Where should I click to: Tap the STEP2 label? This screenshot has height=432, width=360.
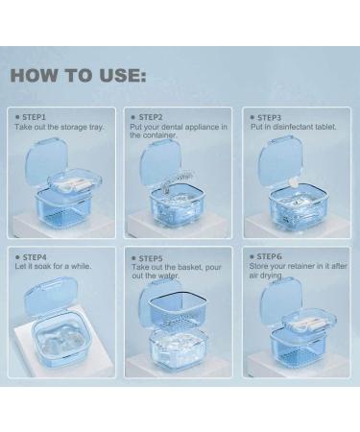[150, 116]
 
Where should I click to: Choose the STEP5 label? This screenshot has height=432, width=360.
[151, 257]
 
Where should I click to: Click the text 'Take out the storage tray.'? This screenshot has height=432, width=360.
[59, 127]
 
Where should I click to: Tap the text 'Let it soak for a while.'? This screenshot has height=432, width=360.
[56, 268]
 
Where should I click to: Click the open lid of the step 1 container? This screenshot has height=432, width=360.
[48, 158]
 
